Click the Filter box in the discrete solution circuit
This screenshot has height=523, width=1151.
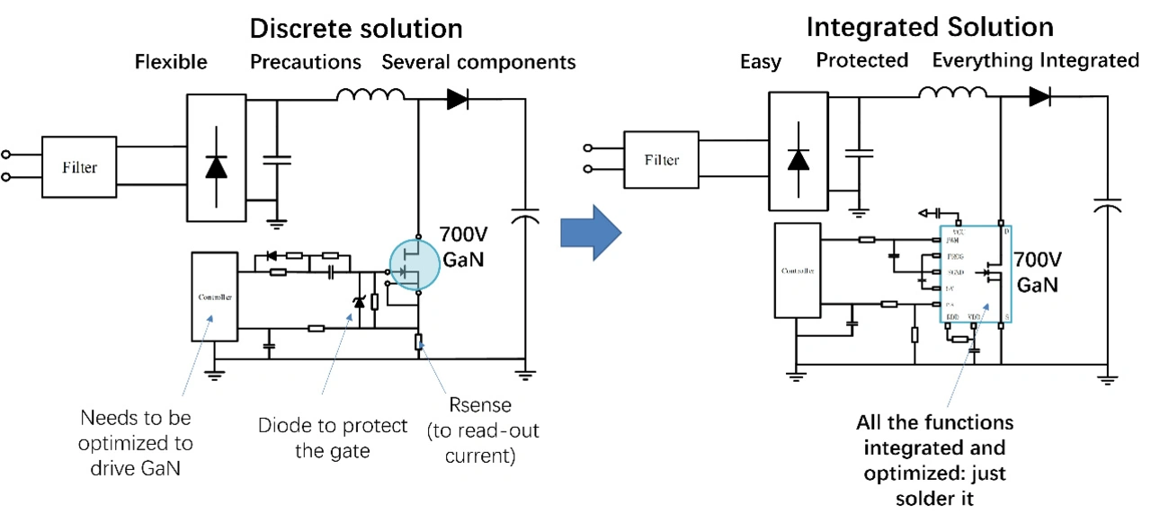pyautogui.click(x=79, y=167)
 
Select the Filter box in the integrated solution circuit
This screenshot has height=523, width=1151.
pyautogui.click(x=662, y=160)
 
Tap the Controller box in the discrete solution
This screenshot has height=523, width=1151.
pyautogui.click(x=214, y=297)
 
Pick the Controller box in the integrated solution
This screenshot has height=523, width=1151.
pyautogui.click(x=798, y=269)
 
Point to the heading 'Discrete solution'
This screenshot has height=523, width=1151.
pyautogui.click(x=356, y=28)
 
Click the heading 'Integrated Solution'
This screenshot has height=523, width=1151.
pyautogui.click(x=930, y=27)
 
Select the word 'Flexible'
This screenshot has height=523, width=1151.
pyautogui.click(x=171, y=62)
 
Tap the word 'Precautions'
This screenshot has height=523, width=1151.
pyautogui.click(x=306, y=62)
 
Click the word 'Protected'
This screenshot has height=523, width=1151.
pyautogui.click(x=862, y=60)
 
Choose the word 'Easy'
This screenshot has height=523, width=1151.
pyautogui.click(x=761, y=61)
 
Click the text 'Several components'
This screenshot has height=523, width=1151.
pyautogui.click(x=478, y=62)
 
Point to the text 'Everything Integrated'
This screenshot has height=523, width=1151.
pyautogui.click(x=1035, y=60)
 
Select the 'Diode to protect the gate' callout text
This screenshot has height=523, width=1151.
pyautogui.click(x=333, y=438)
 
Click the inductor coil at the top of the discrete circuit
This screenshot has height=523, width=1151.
pyautogui.click(x=370, y=95)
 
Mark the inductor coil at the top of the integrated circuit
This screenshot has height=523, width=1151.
pyautogui.click(x=952, y=93)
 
